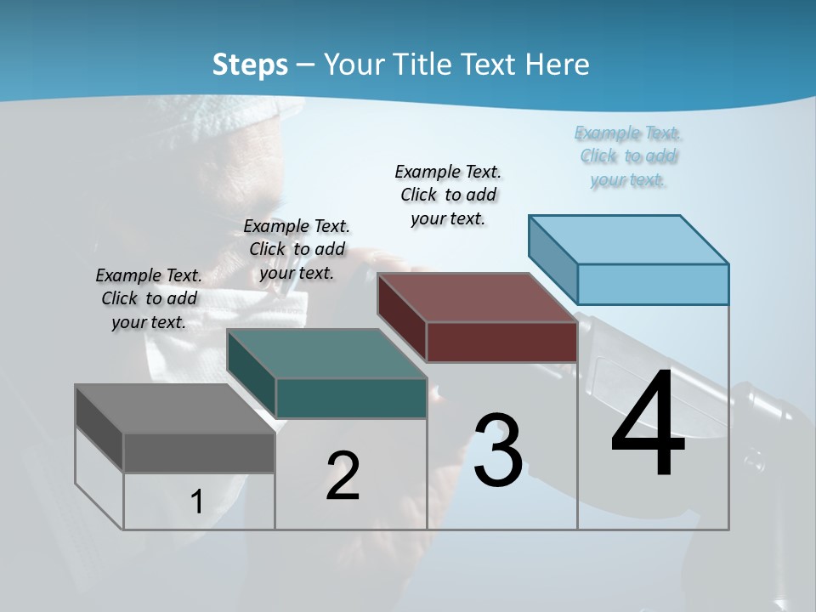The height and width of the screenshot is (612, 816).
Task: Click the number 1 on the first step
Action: [196, 501]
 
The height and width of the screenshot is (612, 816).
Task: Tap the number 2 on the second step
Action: [343, 476]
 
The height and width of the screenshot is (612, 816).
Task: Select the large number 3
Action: [498, 450]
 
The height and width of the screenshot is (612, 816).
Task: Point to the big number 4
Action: [648, 425]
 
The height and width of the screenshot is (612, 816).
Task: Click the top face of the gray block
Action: [174, 408]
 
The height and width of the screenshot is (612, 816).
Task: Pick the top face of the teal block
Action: [326, 354]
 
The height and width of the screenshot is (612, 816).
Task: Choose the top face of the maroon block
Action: [478, 297]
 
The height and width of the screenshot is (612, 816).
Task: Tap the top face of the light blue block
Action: [629, 239]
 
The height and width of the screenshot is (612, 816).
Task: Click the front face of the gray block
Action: [199, 452]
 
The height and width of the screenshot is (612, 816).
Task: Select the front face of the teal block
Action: [351, 398]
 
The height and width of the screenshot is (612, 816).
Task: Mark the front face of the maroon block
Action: [501, 342]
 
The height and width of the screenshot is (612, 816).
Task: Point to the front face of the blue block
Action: [653, 284]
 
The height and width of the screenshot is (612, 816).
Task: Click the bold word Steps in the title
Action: [250, 65]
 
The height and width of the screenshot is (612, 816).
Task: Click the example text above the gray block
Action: [149, 298]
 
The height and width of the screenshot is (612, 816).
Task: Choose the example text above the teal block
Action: [297, 249]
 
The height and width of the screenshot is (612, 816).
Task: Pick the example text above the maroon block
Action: [448, 195]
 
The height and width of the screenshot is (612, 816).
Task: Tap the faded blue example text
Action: [628, 156]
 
